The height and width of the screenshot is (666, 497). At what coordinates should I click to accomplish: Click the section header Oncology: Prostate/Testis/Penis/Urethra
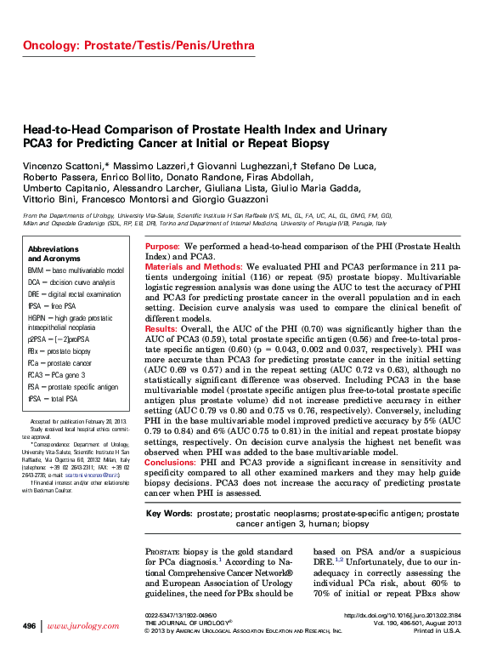pos(138,45)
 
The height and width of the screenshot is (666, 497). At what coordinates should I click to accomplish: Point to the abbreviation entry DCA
pos(34,282)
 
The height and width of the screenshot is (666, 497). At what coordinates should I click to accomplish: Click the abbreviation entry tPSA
pos(35,397)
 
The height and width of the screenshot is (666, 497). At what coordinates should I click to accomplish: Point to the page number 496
pos(29,625)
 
